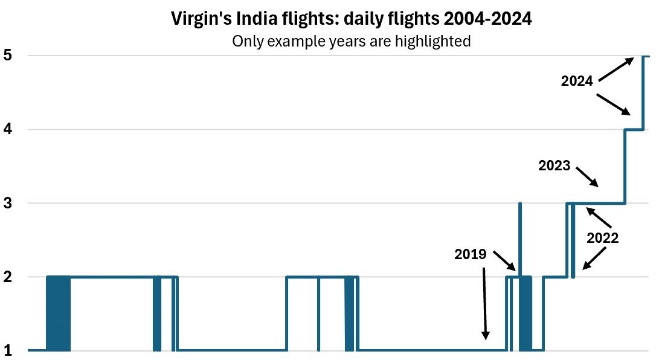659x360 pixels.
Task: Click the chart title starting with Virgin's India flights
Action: [x=352, y=19]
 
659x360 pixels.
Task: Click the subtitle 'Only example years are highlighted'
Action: [x=352, y=41]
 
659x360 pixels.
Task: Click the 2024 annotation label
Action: [x=577, y=82]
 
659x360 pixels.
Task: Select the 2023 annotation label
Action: [x=555, y=165]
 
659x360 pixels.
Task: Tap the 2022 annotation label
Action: [x=603, y=238]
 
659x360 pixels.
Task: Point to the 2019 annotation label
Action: [x=471, y=254]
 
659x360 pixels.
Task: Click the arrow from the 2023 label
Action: [x=588, y=176]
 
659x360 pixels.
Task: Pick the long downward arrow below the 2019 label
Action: [x=485, y=303]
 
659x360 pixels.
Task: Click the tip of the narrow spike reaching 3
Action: [x=519, y=204]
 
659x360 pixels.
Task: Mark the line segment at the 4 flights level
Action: [x=634, y=129]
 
